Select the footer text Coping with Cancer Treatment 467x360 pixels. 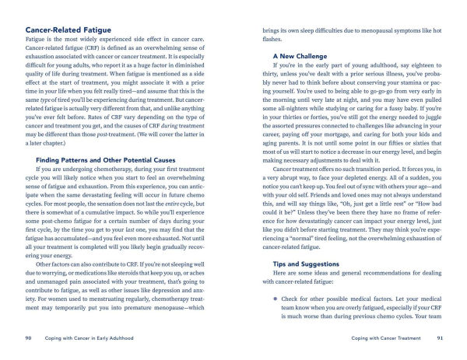click(x=384, y=338)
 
